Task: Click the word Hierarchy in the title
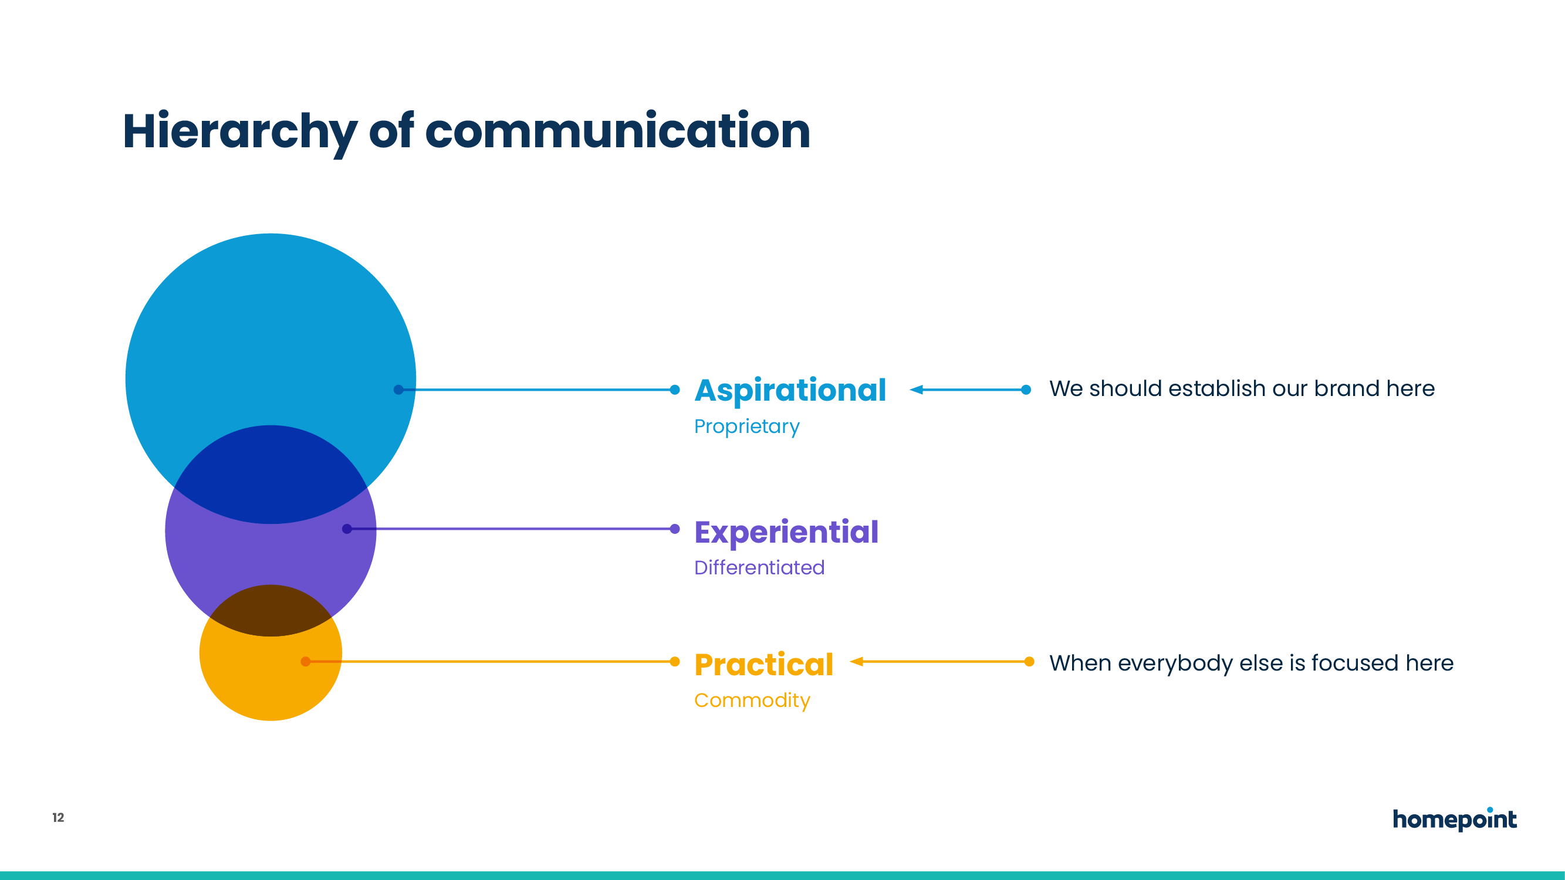pos(240,133)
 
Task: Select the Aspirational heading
pos(790,391)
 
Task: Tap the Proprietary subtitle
pos(746,427)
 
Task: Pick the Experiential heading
pos(786,533)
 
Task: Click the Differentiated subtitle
pos(759,567)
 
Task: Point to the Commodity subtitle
pos(752,701)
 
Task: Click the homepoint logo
pos(1455,819)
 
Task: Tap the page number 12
pos(58,817)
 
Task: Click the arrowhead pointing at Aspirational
pos(916,390)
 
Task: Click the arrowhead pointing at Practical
pos(857,661)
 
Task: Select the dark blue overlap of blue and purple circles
pos(271,474)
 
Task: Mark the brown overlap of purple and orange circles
pos(271,610)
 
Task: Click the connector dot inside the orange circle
pos(306,661)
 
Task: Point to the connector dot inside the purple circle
pos(347,529)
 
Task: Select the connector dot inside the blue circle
pos(398,390)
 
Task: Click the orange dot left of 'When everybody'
pos(1029,661)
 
